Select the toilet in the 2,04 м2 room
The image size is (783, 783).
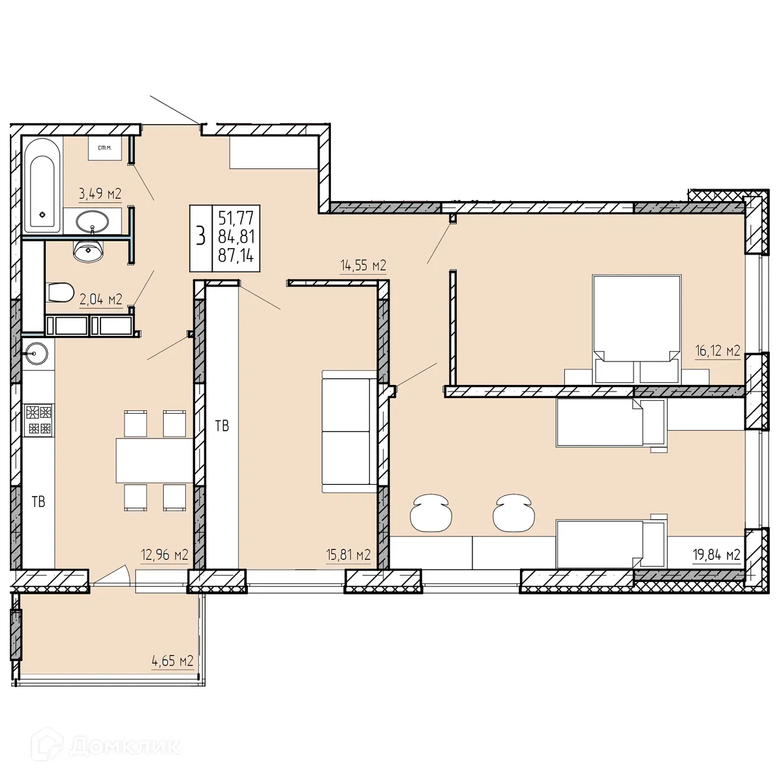click(x=59, y=292)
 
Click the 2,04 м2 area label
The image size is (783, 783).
click(x=101, y=299)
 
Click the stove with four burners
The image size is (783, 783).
click(x=38, y=420)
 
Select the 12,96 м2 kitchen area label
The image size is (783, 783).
click(x=164, y=555)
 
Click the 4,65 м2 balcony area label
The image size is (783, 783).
click(x=172, y=661)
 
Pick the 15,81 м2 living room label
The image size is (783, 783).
click(x=348, y=555)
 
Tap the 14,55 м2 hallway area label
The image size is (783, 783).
click(x=363, y=266)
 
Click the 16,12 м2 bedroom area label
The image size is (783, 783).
click(x=716, y=351)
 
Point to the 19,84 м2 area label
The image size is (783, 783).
click(x=716, y=555)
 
